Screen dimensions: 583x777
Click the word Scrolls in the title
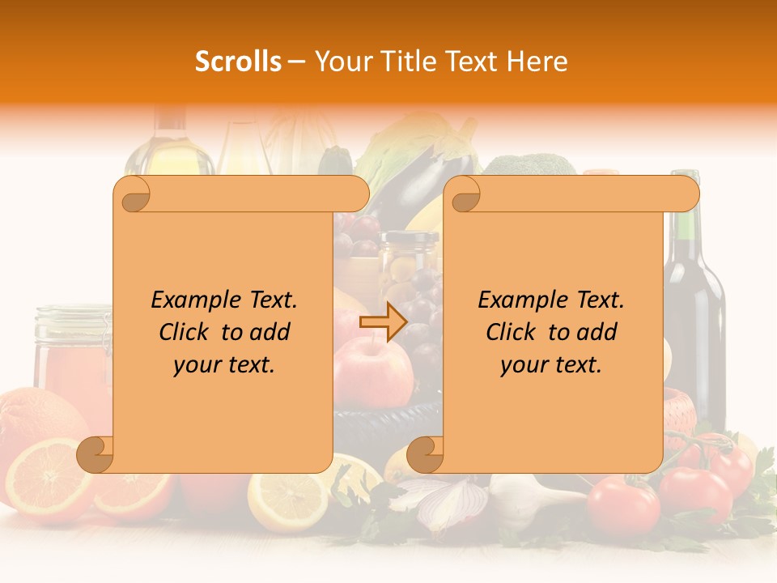click(238, 62)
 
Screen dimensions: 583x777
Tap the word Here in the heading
click(538, 62)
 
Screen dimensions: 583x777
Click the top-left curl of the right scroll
click(465, 194)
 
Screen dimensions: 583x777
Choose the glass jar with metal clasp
click(71, 348)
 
